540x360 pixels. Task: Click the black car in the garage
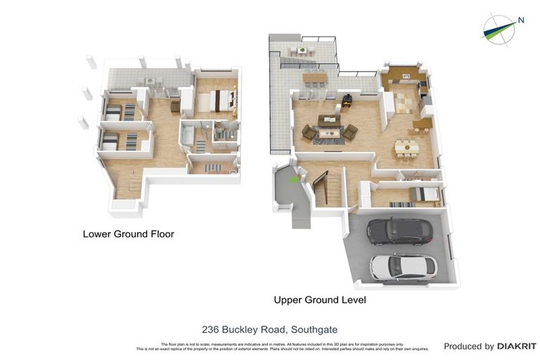(x=399, y=230)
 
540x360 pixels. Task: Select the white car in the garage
(x=404, y=266)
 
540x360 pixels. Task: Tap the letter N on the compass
(x=521, y=20)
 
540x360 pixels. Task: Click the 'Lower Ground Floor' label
(x=128, y=234)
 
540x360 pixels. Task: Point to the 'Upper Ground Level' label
(x=320, y=300)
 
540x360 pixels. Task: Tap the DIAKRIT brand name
(x=517, y=346)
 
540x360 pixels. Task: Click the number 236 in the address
(x=210, y=329)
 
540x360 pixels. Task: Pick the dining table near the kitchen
(x=406, y=147)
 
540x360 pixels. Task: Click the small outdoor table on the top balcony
(x=302, y=49)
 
